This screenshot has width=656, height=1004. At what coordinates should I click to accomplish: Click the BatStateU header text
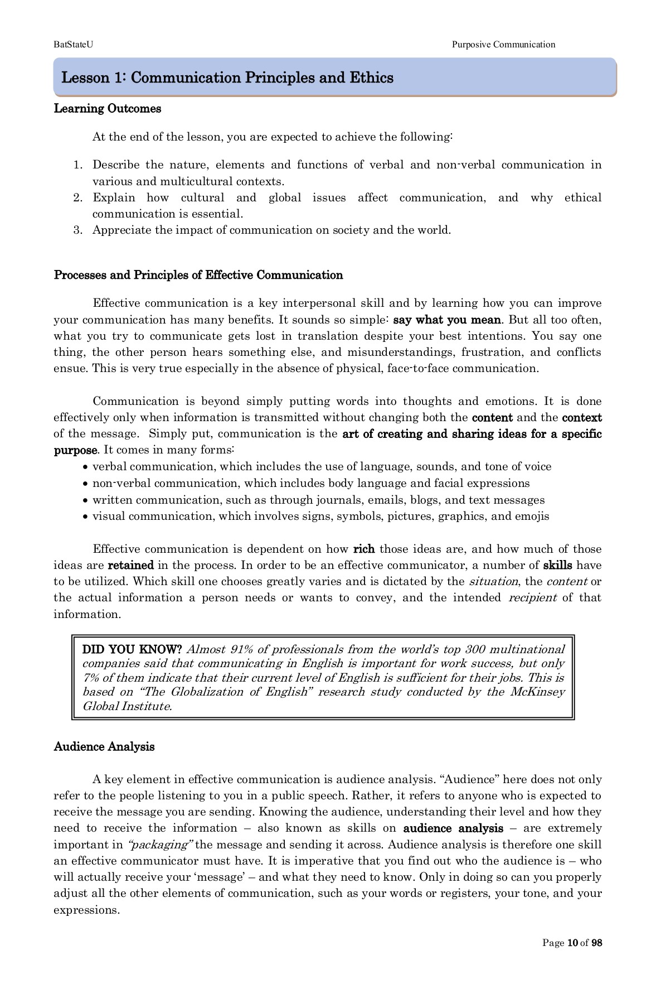pyautogui.click(x=70, y=45)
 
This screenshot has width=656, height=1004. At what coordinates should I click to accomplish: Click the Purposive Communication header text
pyautogui.click(x=503, y=45)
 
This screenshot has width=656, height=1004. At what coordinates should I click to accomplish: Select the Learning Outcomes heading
pyautogui.click(x=107, y=109)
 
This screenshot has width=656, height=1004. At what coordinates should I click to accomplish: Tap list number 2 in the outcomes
pyautogui.click(x=78, y=197)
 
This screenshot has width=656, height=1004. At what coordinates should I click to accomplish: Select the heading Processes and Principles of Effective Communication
pyautogui.click(x=198, y=275)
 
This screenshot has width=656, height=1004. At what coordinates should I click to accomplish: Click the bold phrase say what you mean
pyautogui.click(x=447, y=320)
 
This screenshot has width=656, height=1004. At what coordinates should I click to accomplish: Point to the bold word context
pyautogui.click(x=581, y=417)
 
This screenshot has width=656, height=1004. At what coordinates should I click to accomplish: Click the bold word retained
pyautogui.click(x=130, y=565)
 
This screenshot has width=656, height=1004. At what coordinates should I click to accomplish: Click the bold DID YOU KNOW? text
pyautogui.click(x=132, y=649)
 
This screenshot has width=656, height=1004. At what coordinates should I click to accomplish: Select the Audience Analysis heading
pyautogui.click(x=104, y=747)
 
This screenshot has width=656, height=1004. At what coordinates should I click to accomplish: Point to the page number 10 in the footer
pyautogui.click(x=572, y=943)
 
